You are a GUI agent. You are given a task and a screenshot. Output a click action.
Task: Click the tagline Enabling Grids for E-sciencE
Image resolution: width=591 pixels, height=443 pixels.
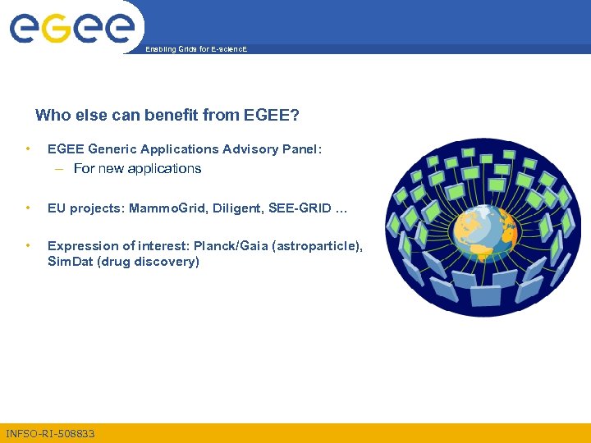click(195, 50)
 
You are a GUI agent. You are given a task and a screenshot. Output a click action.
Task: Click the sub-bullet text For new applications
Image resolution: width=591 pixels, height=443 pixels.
click(137, 169)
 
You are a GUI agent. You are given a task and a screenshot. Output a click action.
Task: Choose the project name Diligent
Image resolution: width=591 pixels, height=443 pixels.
click(238, 208)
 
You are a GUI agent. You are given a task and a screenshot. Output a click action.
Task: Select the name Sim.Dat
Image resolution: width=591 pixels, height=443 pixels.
click(70, 262)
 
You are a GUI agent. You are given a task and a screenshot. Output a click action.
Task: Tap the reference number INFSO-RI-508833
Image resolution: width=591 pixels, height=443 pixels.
click(50, 433)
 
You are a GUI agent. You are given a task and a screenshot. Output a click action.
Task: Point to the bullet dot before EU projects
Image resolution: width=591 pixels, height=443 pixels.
click(29, 208)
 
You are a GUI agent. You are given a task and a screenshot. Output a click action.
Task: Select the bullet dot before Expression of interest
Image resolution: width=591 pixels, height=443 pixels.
click(29, 246)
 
